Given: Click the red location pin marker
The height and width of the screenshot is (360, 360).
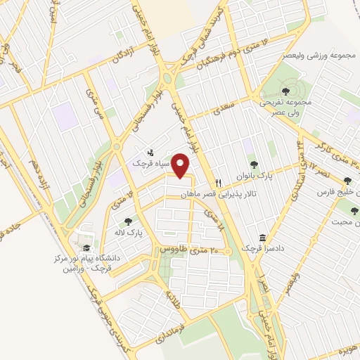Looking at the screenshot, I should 182,167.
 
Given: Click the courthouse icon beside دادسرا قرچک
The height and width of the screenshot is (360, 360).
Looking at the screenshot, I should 262,238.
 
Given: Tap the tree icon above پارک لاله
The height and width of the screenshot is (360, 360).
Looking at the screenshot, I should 128,221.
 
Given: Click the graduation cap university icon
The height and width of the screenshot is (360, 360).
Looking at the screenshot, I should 86,247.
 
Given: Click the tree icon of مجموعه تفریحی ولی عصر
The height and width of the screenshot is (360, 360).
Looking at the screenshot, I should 285,91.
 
